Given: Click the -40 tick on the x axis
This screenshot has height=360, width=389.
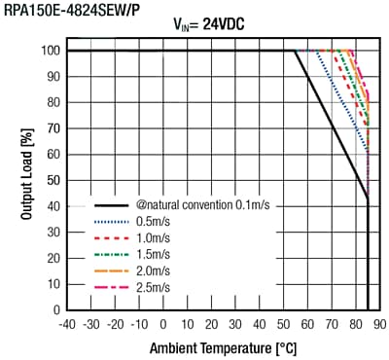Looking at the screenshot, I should click(67, 324).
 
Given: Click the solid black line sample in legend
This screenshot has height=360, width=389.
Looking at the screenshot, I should click(110, 206).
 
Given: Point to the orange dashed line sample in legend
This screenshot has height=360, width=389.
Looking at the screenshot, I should click(110, 271).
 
